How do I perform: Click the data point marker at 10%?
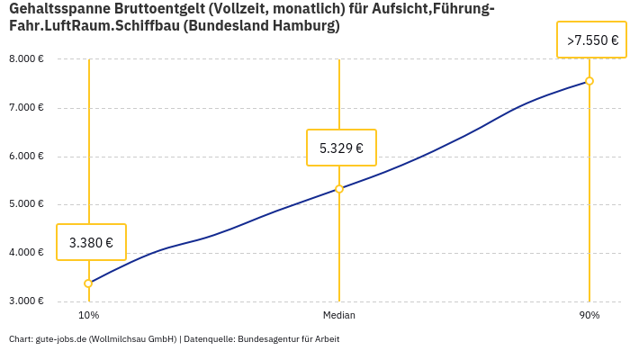click(x=88, y=283)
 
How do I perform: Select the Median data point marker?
click(x=339, y=189)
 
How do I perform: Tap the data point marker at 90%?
click(x=589, y=81)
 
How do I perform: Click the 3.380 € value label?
click(x=91, y=242)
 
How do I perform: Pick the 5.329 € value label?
click(x=341, y=148)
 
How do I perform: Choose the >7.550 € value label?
click(x=592, y=40)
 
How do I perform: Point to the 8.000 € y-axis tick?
click(x=26, y=59)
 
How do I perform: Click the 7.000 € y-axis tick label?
click(x=26, y=108)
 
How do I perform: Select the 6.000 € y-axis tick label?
click(x=26, y=156)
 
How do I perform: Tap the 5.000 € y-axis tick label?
click(x=26, y=204)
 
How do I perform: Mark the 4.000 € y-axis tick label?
click(x=26, y=252)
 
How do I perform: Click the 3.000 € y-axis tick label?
click(x=26, y=301)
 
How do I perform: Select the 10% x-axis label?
click(x=88, y=315)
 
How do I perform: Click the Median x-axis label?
click(x=339, y=315)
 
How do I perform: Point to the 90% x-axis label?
click(x=589, y=315)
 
